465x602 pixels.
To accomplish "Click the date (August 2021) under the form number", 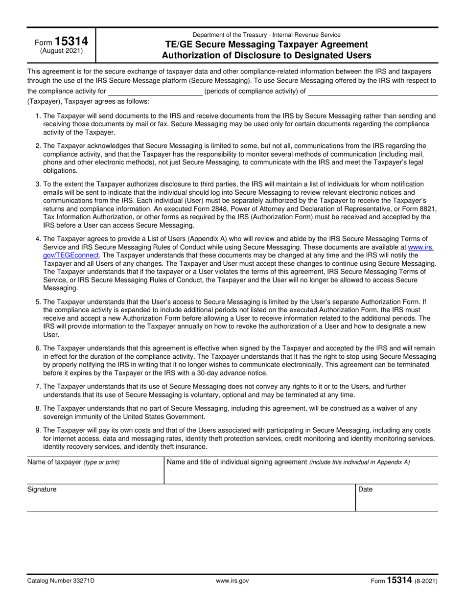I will point(61,51).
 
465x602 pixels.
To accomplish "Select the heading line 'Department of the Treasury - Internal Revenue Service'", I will point(267,35).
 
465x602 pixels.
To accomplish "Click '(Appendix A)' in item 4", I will point(208,239).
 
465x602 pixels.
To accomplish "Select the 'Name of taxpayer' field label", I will point(54,462).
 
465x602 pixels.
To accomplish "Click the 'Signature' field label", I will point(42,489).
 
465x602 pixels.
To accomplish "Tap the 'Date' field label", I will point(366,489).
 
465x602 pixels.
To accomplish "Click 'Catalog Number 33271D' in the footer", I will point(61,581).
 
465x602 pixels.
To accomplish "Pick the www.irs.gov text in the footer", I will point(232,581).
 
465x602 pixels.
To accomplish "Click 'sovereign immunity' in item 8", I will point(72,417).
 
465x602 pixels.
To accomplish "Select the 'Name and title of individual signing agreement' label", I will point(237,462).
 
